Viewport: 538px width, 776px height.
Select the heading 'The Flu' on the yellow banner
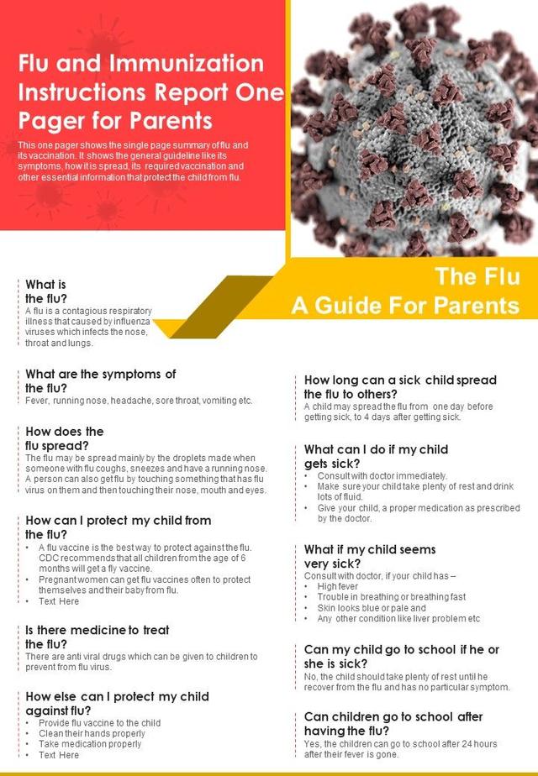[477, 276]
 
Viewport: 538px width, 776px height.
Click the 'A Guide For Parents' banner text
[405, 305]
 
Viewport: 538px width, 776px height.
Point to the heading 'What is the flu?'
[46, 291]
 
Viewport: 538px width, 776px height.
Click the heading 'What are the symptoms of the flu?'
[101, 380]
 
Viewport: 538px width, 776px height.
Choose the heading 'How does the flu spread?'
[65, 438]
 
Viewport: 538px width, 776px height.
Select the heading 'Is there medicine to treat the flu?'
[98, 636]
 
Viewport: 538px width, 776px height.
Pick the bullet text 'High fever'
[337, 586]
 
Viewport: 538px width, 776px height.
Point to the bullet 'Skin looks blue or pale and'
[372, 608]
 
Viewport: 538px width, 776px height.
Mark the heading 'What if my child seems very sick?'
[370, 556]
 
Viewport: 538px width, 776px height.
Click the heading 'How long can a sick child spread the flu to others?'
[400, 386]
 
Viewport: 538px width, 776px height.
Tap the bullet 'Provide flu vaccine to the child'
[99, 722]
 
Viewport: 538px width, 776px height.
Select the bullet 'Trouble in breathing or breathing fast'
[391, 597]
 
